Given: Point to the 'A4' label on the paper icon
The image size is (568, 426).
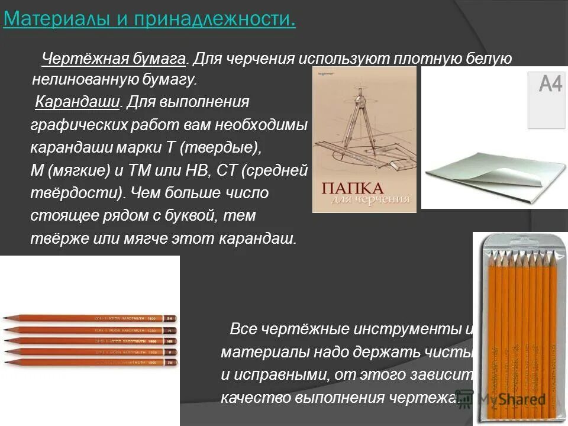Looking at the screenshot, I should pyautogui.click(x=550, y=85).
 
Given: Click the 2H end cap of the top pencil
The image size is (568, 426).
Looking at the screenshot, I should pyautogui.click(x=170, y=318).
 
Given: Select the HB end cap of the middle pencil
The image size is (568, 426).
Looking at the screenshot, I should pyautogui.click(x=170, y=341).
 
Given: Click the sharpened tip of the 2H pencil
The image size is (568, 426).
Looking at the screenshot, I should pyautogui.click(x=5, y=318).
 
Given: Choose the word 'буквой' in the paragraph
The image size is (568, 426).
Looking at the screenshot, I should pyautogui.click(x=192, y=216).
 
